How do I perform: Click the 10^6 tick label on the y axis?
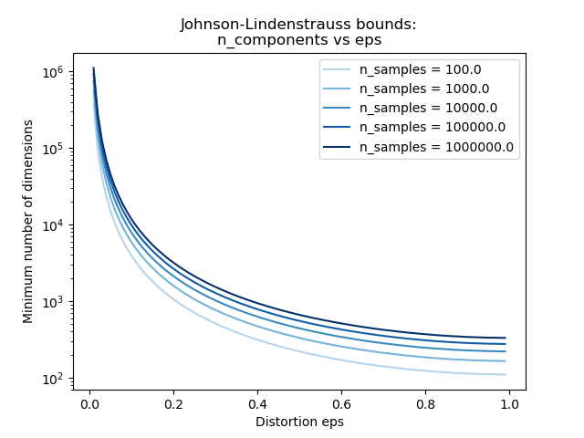pyautogui.click(x=53, y=71)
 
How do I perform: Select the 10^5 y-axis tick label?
pyautogui.click(x=53, y=148)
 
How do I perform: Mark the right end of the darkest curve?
pyautogui.click(x=506, y=338)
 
